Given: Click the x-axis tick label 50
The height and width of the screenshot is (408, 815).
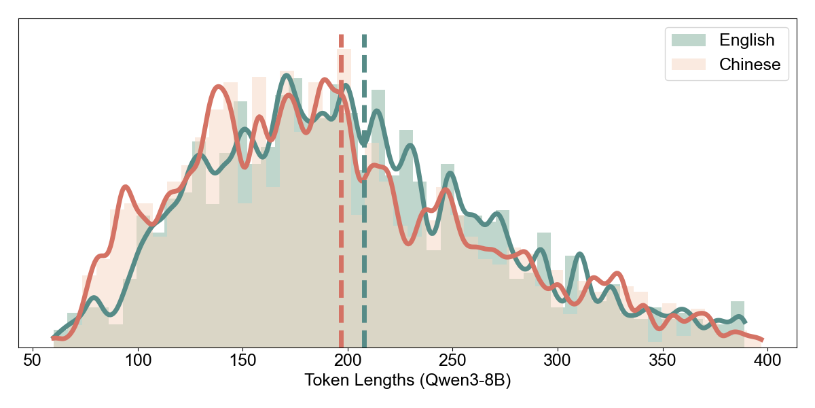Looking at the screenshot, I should point(33,359).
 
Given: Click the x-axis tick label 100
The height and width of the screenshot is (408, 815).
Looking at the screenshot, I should point(138,359).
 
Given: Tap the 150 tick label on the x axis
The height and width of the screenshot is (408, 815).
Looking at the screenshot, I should point(242,359).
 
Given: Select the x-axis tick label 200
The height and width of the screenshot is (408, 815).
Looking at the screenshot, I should point(348,359).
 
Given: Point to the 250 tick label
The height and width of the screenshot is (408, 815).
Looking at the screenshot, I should point(452,359).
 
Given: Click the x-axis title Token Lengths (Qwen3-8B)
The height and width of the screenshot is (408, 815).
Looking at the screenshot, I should point(407,381).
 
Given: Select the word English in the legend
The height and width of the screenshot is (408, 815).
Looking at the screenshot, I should point(746,40).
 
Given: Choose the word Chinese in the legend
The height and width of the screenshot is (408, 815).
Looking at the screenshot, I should point(750,65).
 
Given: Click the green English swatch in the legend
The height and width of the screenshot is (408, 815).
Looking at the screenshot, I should point(689,40).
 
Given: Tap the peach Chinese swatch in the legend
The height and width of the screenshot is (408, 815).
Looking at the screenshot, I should point(689,65).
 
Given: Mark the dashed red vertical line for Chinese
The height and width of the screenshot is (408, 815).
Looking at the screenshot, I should point(341,204).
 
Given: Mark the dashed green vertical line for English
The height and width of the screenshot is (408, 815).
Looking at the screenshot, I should point(365,204).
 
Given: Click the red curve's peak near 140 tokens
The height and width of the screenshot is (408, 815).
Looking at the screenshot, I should point(217,86).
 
